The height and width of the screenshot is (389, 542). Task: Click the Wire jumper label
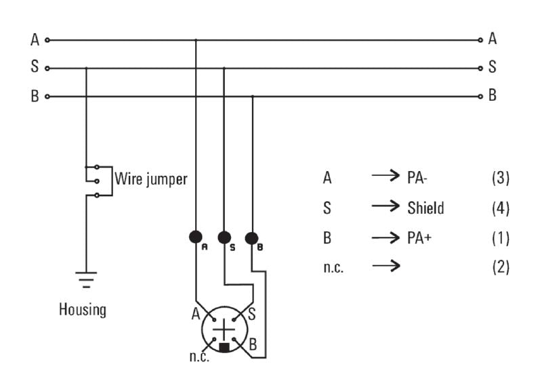150,180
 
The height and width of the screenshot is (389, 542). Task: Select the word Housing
82,310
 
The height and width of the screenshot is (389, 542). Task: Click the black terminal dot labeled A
195,237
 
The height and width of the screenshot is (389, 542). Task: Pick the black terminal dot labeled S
224,237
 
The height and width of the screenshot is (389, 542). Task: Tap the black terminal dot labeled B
251,238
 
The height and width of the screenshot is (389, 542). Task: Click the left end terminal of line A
47,40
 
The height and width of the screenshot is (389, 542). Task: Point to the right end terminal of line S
481,68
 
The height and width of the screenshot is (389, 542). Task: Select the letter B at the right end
493,96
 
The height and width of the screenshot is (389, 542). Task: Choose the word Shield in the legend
425,208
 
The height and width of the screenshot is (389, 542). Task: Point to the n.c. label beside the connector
199,356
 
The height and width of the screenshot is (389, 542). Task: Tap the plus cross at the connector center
224,329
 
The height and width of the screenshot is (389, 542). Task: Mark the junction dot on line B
252,96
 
